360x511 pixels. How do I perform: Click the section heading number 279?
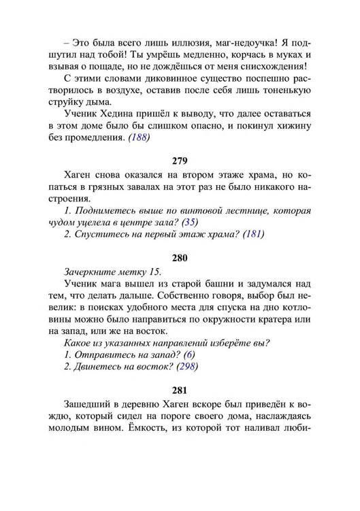pos(180,161)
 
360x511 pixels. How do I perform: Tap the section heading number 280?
pos(180,259)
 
